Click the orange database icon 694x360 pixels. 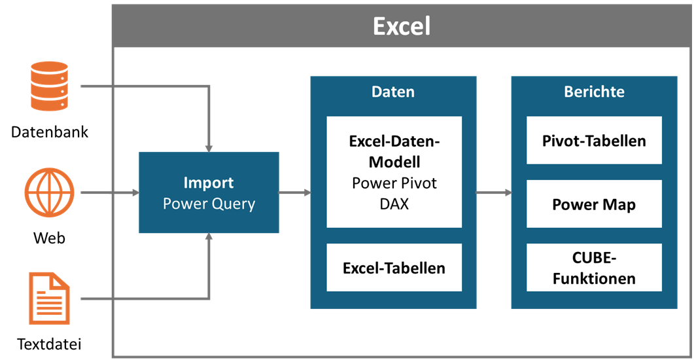click(49, 86)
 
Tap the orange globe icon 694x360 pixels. click(49, 192)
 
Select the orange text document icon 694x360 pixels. click(49, 298)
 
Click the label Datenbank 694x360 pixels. click(50, 132)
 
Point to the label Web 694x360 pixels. click(49, 238)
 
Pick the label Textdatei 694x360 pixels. click(49, 344)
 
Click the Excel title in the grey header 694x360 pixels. click(402, 26)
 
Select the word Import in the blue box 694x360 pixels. click(209, 183)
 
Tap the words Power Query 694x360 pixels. click(209, 204)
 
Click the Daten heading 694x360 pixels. click(393, 92)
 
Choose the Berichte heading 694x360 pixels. click(594, 92)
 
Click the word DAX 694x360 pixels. click(394, 204)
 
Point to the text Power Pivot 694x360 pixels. click(394, 183)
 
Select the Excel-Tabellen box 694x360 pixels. click(394, 268)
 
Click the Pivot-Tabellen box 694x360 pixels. click(594, 140)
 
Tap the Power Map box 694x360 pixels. click(594, 204)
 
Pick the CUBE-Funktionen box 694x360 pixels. click(594, 268)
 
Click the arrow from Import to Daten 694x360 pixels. click(295, 192)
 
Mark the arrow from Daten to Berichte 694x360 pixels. click(494, 192)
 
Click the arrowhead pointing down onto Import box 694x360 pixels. click(209, 149)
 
